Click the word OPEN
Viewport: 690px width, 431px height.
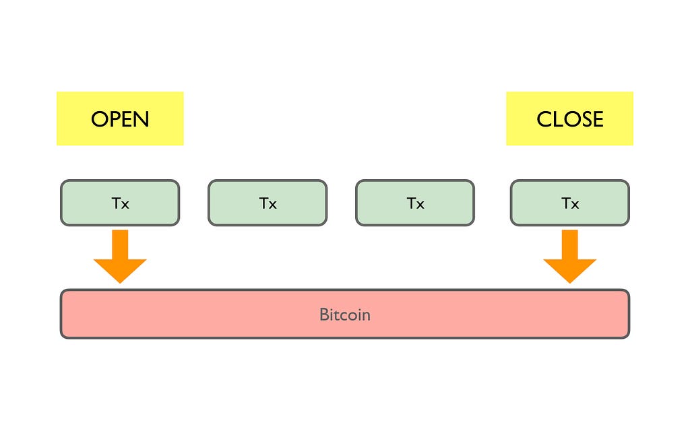tap(120, 119)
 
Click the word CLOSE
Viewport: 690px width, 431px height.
tap(570, 119)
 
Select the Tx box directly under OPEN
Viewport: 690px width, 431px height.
tap(120, 203)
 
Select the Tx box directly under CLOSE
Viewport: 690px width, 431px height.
tap(570, 203)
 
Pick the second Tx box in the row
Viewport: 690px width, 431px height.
tap(268, 203)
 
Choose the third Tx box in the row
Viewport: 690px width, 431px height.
tap(415, 203)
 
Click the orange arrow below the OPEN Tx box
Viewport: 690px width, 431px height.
tap(120, 257)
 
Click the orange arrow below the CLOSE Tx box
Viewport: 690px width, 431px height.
tap(570, 257)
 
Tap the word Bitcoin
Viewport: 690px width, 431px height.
tap(344, 314)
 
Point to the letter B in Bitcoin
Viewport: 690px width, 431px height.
tap(324, 314)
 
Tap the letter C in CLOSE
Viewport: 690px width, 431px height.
tap(544, 119)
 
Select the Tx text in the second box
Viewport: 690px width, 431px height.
tap(268, 203)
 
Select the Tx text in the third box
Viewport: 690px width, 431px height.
tap(415, 203)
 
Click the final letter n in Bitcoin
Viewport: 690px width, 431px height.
tap(366, 317)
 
